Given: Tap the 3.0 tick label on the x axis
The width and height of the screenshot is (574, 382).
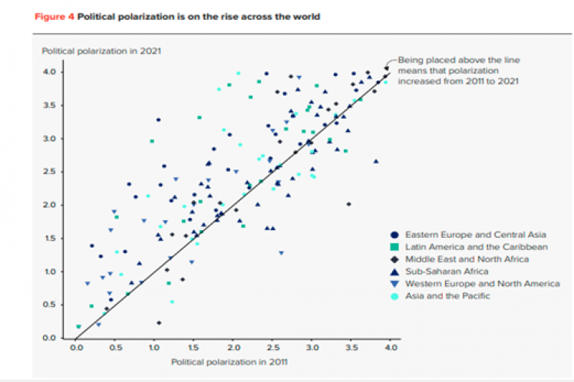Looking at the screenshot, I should (312, 348).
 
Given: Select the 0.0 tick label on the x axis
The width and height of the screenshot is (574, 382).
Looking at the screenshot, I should (76, 348).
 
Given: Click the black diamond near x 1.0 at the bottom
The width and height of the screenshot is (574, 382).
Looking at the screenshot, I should (159, 323).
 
